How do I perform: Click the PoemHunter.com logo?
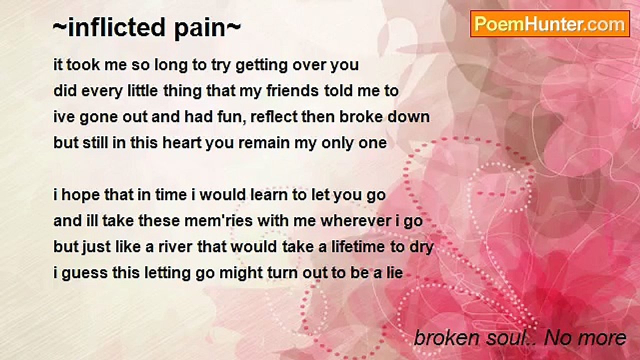[550, 23]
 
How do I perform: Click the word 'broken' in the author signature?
[443, 338]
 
